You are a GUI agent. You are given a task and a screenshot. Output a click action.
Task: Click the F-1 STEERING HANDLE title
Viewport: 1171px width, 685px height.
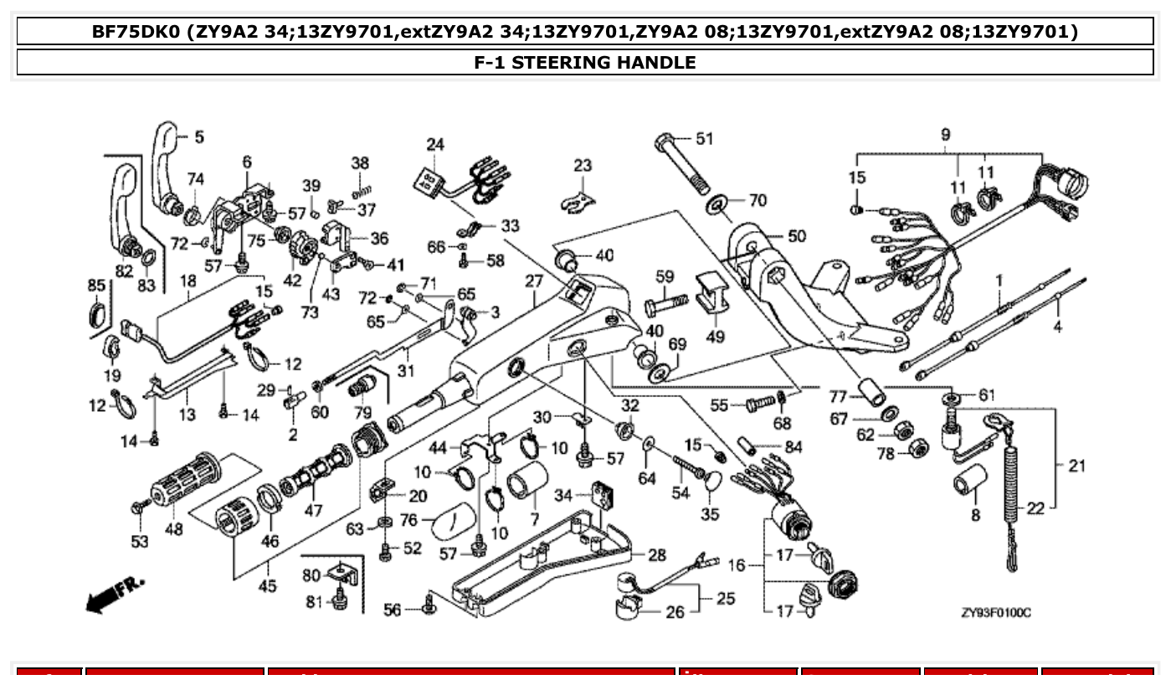coord(584,62)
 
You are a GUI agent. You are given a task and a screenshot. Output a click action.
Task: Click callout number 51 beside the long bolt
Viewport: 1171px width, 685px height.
coord(705,139)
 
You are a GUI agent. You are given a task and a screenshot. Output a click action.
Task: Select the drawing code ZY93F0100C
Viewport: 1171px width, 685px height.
coord(996,613)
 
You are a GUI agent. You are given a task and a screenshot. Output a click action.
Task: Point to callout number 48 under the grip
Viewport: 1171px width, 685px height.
coord(174,530)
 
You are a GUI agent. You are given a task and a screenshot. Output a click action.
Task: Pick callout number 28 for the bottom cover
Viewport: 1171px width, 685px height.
coord(657,554)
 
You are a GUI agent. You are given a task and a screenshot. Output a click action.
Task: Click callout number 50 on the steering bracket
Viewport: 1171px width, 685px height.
coord(797,236)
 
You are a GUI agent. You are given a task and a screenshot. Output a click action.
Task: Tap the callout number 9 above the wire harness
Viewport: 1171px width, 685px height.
coord(945,134)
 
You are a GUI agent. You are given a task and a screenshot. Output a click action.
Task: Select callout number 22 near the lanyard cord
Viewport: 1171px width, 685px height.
coord(1035,507)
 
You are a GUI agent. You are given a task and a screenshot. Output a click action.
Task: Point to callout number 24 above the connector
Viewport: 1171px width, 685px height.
coord(434,144)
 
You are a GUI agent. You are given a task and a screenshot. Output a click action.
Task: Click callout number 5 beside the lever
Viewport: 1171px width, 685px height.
coord(199,136)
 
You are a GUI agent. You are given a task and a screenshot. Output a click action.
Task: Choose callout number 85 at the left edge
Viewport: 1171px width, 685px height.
coord(96,286)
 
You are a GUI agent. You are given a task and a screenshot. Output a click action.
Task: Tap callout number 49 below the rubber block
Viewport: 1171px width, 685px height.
coord(715,337)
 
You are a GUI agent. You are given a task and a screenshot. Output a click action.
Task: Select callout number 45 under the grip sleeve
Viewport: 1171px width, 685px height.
coord(267,586)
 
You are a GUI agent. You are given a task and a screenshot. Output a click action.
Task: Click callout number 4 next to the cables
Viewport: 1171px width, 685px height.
coord(1057,327)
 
